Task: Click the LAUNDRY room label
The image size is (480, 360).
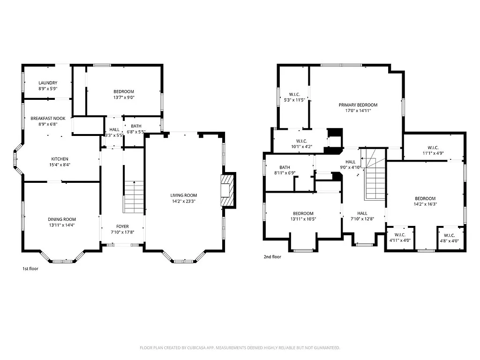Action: click(x=47, y=83)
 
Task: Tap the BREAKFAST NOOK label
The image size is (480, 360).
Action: click(x=47, y=119)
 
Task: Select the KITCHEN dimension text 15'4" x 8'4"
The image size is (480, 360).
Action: click(x=60, y=165)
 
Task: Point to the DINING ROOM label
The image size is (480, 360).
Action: click(x=61, y=219)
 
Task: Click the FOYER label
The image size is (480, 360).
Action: click(x=122, y=226)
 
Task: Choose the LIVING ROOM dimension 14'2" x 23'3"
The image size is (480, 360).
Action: click(x=184, y=202)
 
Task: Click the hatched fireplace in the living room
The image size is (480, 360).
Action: click(x=227, y=190)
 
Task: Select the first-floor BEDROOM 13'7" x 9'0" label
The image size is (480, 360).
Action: click(x=124, y=91)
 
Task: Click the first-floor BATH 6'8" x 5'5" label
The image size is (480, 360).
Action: click(x=136, y=126)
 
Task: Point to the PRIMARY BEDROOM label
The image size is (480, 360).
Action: click(x=358, y=105)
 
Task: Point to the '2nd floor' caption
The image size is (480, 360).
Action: click(x=272, y=256)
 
